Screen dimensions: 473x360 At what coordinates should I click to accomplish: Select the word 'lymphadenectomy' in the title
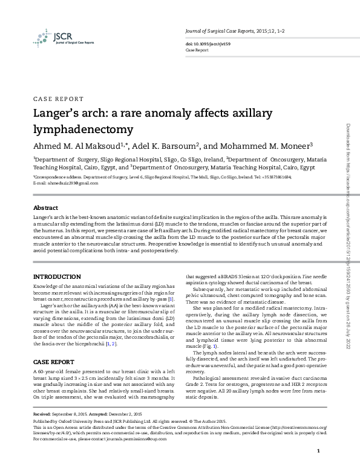coord(82,129)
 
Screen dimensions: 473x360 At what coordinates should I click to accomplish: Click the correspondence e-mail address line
coord(65,182)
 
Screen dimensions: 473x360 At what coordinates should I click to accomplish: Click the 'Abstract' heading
coord(46,207)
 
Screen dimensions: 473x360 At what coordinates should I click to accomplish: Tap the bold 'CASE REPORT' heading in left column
coord(54,362)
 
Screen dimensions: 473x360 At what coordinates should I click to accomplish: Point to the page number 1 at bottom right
coord(318,452)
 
